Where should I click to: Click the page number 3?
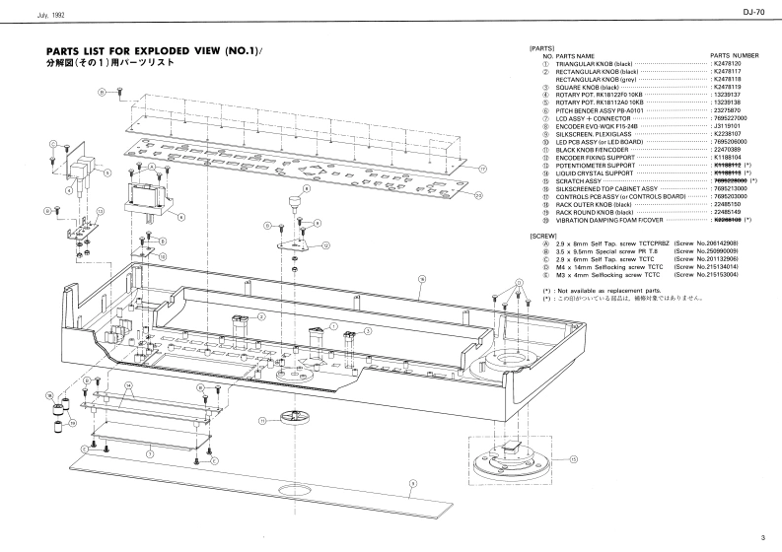coord(762,537)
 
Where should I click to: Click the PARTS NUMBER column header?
coord(735,56)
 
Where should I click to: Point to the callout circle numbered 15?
coord(573,458)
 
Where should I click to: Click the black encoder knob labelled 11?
coord(289,420)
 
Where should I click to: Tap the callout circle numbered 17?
coord(482,169)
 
